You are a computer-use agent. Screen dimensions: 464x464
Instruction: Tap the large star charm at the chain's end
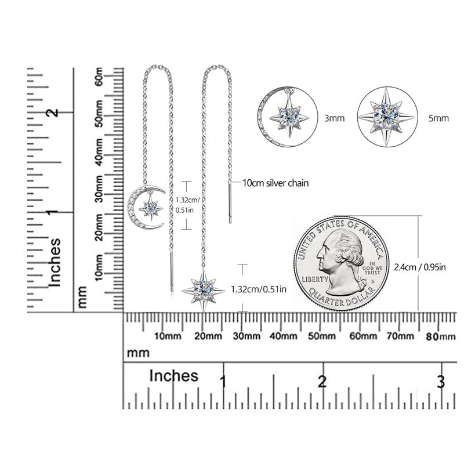tap(204, 290)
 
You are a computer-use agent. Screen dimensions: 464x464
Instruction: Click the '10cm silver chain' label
tap(275, 183)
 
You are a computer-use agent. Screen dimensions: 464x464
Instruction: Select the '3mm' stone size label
tap(335, 118)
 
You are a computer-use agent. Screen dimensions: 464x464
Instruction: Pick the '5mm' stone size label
tap(438, 118)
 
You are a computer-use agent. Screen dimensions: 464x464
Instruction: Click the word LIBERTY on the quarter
tap(315, 279)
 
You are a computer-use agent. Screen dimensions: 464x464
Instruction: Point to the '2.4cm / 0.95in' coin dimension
tap(419, 267)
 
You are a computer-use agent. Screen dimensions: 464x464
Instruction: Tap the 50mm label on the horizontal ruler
tap(322, 336)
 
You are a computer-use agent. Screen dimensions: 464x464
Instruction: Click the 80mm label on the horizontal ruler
tap(441, 336)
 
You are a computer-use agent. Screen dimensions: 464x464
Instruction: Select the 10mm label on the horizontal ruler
tap(168, 336)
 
